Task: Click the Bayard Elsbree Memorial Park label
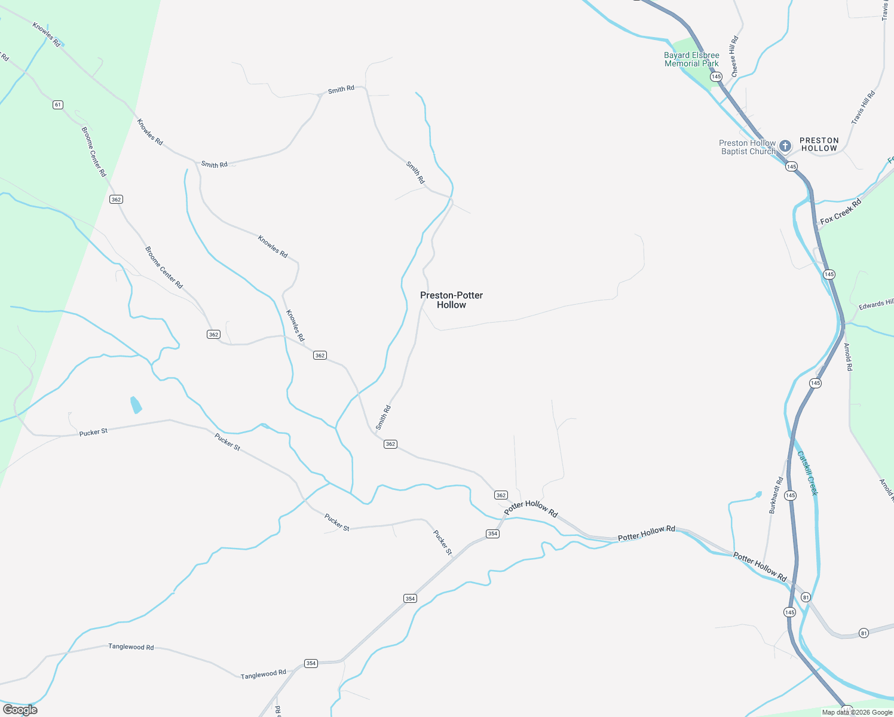tap(691, 59)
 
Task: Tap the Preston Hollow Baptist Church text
tap(747, 147)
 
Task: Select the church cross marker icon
tap(785, 146)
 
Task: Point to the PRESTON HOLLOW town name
tap(819, 144)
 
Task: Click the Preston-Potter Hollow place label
tap(451, 300)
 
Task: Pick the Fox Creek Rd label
tap(841, 212)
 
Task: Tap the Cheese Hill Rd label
tap(734, 56)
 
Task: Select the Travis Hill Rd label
tap(863, 108)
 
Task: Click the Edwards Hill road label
tap(876, 305)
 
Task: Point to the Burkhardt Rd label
tap(776, 495)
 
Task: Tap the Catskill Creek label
tap(807, 473)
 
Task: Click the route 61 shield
tap(57, 105)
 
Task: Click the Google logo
tap(20, 709)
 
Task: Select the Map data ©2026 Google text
tap(857, 712)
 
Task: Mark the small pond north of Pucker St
tap(136, 405)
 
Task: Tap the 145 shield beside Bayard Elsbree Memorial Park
tap(716, 76)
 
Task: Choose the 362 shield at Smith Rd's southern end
tap(390, 444)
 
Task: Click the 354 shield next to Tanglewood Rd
tap(311, 663)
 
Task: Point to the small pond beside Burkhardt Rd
tap(758, 494)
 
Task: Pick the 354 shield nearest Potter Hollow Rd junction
tap(492, 534)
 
